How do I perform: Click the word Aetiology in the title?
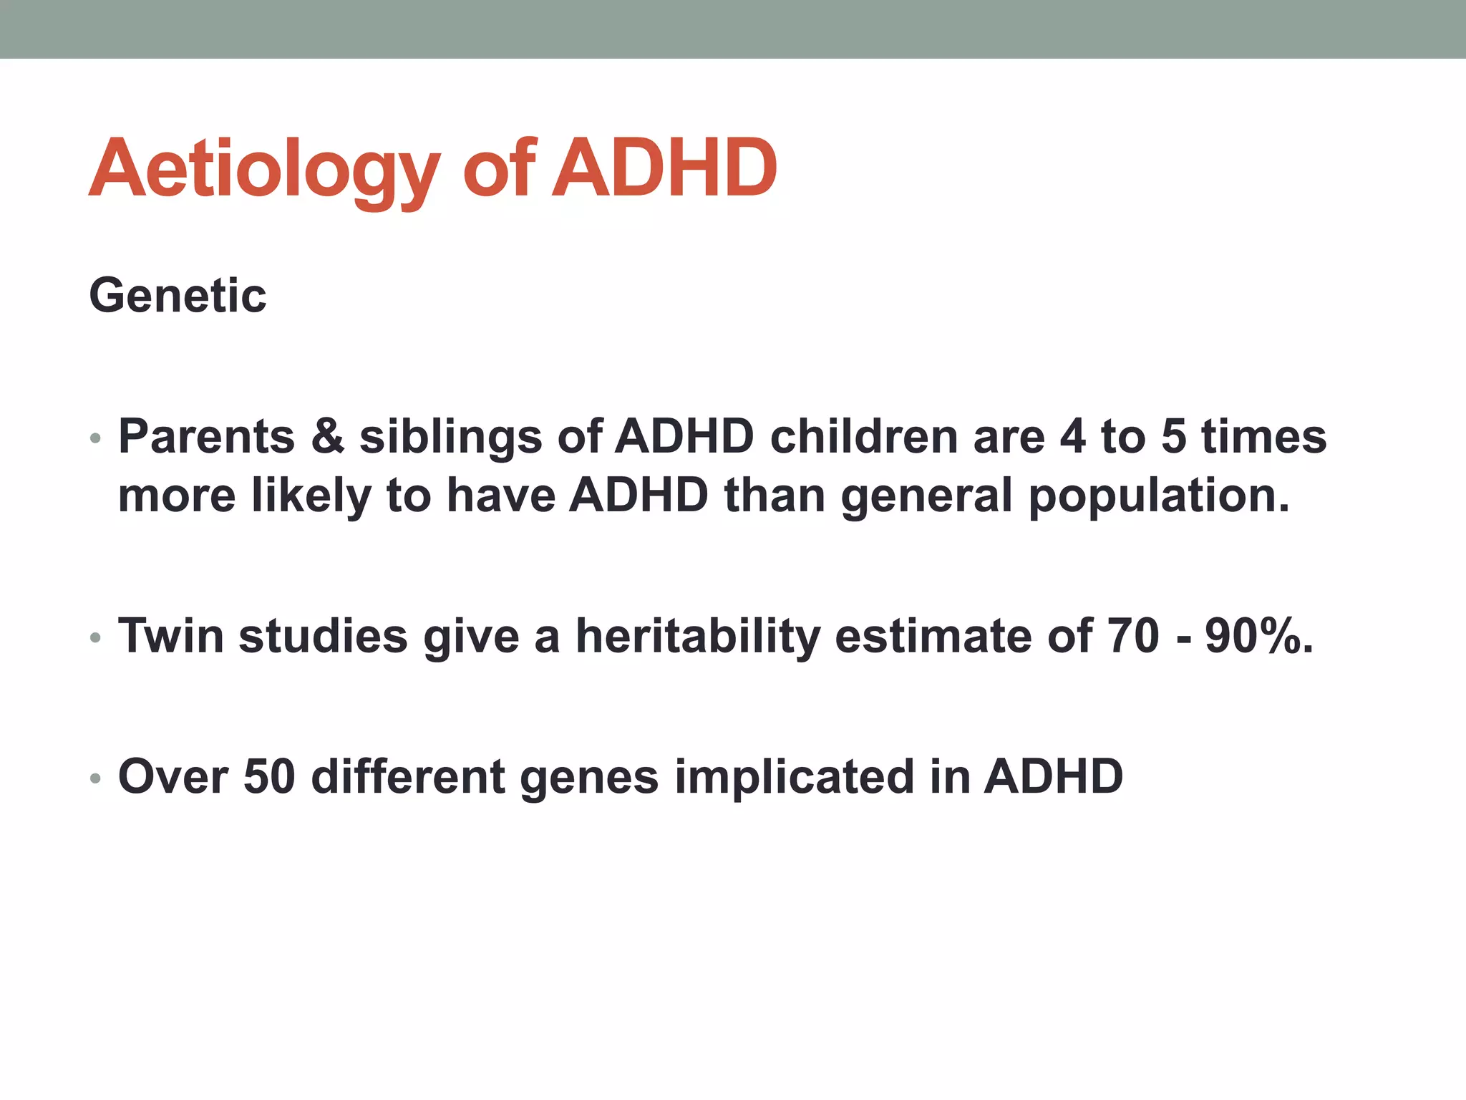263,169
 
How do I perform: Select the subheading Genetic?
178,296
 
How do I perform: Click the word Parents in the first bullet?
206,436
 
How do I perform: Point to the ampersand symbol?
327,436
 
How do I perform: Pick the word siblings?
450,438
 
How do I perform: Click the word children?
863,436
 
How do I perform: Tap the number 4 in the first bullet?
1072,436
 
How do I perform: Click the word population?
1158,496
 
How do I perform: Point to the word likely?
311,496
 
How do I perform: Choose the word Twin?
171,636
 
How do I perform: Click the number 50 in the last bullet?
269,776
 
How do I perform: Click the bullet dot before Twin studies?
95,637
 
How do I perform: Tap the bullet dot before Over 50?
95,778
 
